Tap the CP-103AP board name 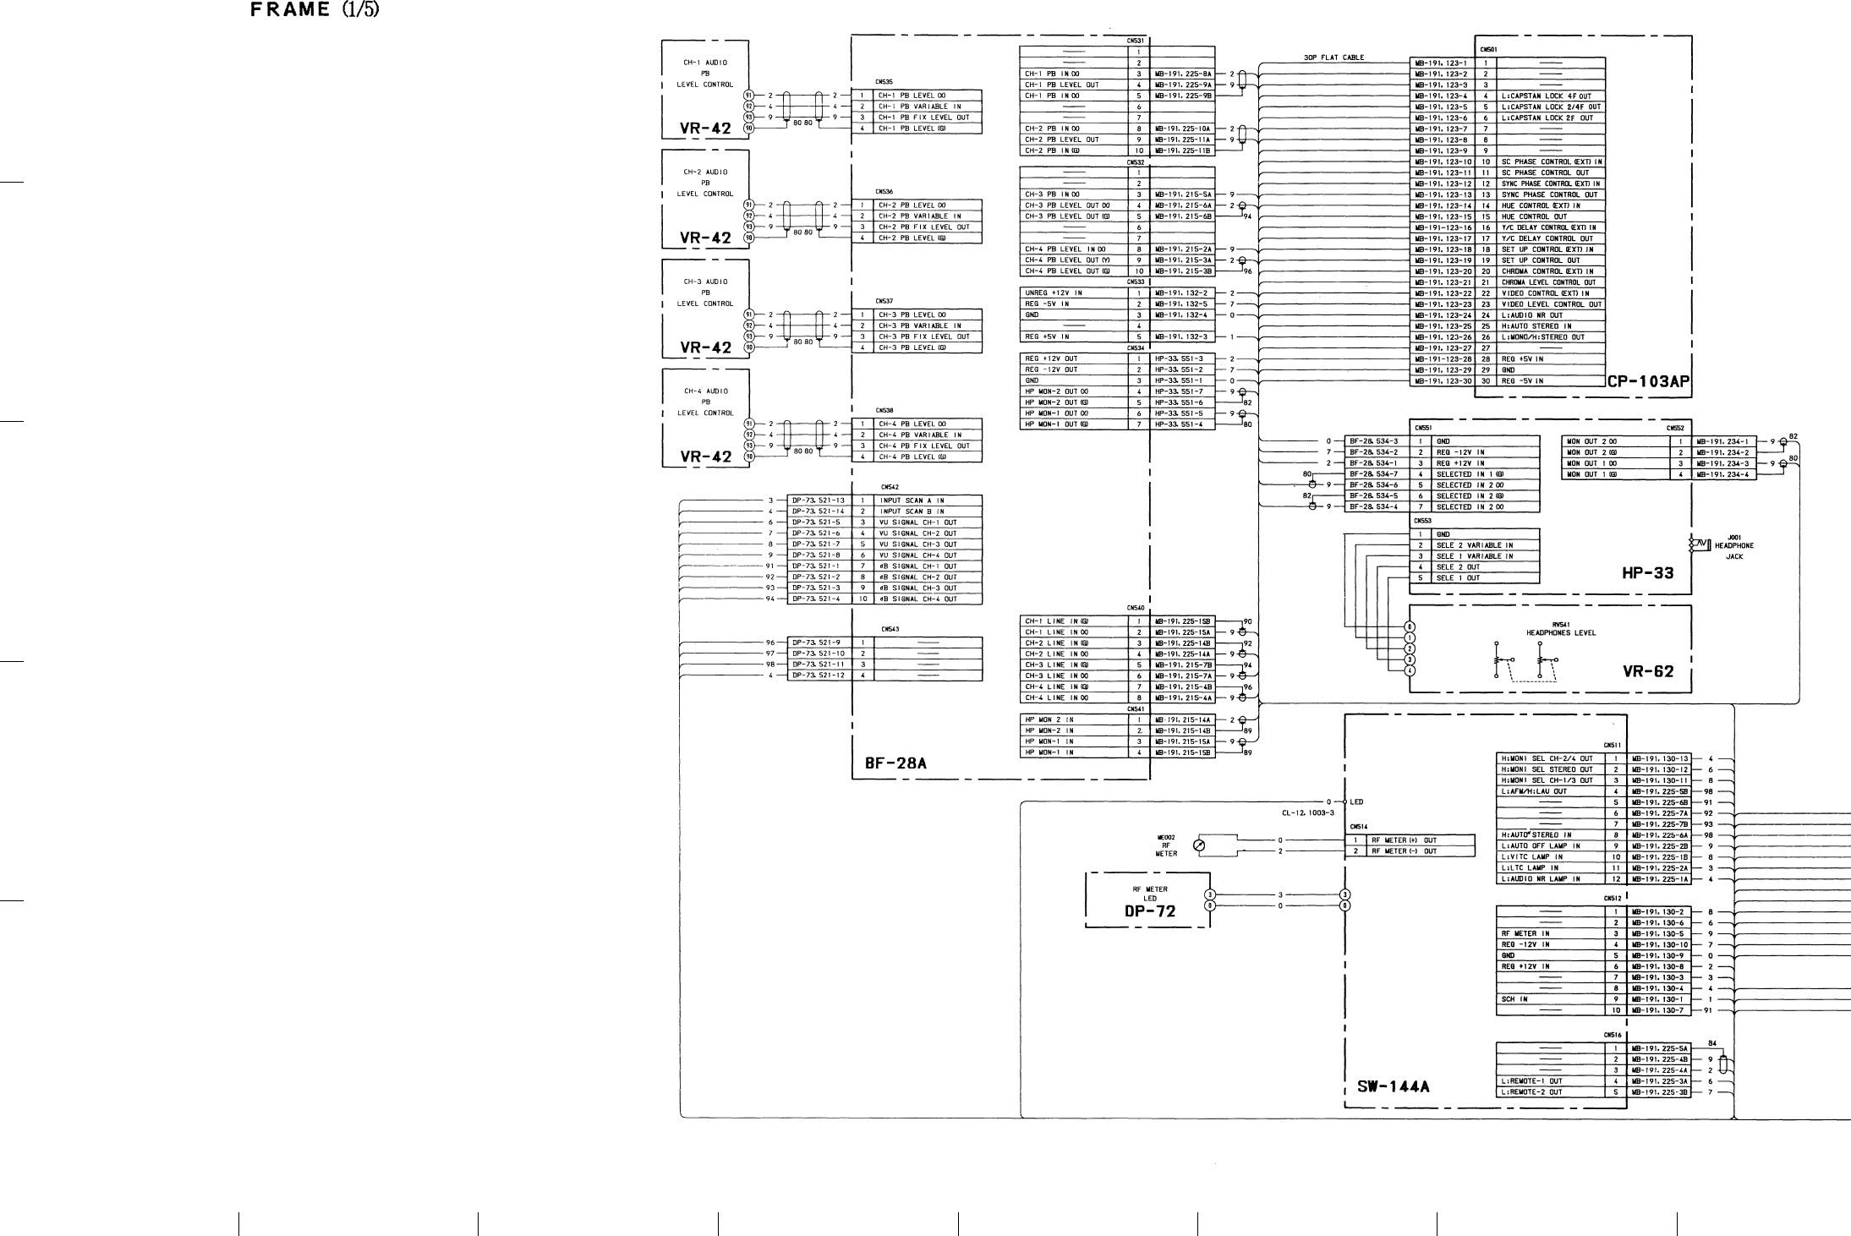coord(1648,382)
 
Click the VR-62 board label coord(1647,672)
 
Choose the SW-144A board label coord(1393,1087)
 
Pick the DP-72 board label coord(1149,911)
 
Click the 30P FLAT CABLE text coord(1333,58)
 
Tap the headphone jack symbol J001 coord(1697,544)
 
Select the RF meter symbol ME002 coord(1197,845)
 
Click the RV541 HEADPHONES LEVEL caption coord(1560,628)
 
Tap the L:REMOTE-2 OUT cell coord(1531,1092)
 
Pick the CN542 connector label coord(889,487)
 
